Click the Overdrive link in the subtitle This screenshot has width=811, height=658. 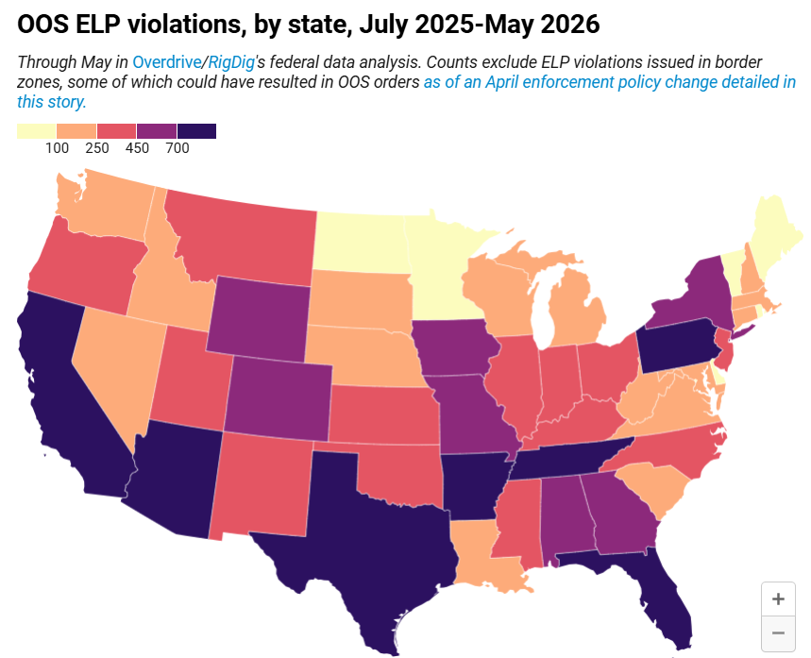click(x=166, y=62)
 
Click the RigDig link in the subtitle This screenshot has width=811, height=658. click(x=231, y=62)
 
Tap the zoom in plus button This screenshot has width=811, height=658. click(x=778, y=599)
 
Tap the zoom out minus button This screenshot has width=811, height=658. click(x=778, y=633)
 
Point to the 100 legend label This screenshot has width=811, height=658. click(x=57, y=148)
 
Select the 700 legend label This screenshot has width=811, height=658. click(x=177, y=148)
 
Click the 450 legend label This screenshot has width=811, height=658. click(x=137, y=148)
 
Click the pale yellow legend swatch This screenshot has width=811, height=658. click(x=36, y=131)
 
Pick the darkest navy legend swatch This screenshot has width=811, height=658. click(x=196, y=131)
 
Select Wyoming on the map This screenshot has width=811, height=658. click(x=260, y=318)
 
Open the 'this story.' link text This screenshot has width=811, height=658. click(x=52, y=102)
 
